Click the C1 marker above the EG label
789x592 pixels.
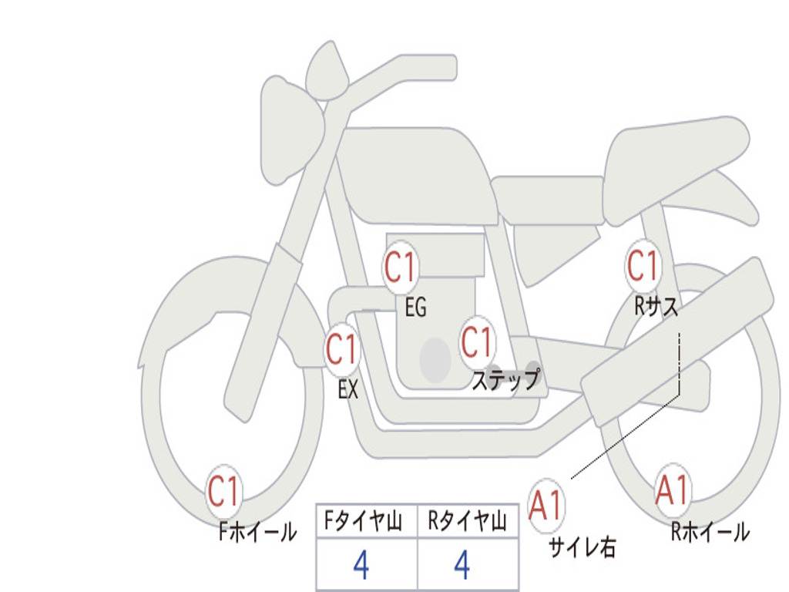click(401, 266)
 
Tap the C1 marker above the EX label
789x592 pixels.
click(342, 349)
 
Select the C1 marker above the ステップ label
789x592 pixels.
click(477, 342)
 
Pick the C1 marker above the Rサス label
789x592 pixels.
click(643, 265)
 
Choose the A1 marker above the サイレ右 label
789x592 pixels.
click(546, 505)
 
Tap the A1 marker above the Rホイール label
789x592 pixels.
click(672, 490)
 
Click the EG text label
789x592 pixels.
click(415, 307)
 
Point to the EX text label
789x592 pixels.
click(348, 389)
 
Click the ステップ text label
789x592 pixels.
click(506, 379)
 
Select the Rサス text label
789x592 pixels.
click(656, 305)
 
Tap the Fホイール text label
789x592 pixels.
click(257, 531)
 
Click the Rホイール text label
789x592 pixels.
click(710, 531)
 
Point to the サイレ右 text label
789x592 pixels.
click(583, 547)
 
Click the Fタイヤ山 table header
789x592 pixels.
click(364, 521)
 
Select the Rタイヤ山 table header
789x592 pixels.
click(467, 521)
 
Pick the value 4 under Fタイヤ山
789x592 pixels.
click(361, 565)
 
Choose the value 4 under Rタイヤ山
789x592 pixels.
click(462, 565)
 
